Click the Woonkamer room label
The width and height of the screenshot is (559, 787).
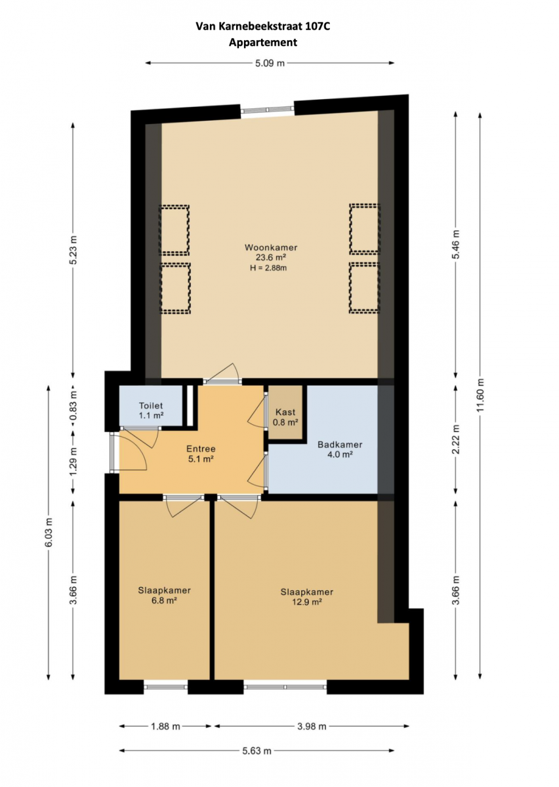coord(271,247)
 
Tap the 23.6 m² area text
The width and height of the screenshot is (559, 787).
coord(270,258)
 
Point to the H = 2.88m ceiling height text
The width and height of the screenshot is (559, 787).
coord(268,268)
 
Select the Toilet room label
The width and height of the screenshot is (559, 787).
coord(151,406)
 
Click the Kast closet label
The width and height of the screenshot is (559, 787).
coord(285,412)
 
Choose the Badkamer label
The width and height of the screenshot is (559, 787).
coord(340,445)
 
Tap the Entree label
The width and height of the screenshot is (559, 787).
coord(201,449)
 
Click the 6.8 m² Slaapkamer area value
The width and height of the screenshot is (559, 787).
coord(164,601)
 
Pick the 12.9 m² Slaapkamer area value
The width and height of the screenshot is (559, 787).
coord(307,602)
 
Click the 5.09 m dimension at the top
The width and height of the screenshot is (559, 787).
coord(270,63)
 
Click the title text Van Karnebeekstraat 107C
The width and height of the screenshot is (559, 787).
coord(263,26)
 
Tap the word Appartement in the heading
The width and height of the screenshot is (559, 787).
coord(263,43)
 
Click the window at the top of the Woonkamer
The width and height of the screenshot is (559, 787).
coord(267,110)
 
